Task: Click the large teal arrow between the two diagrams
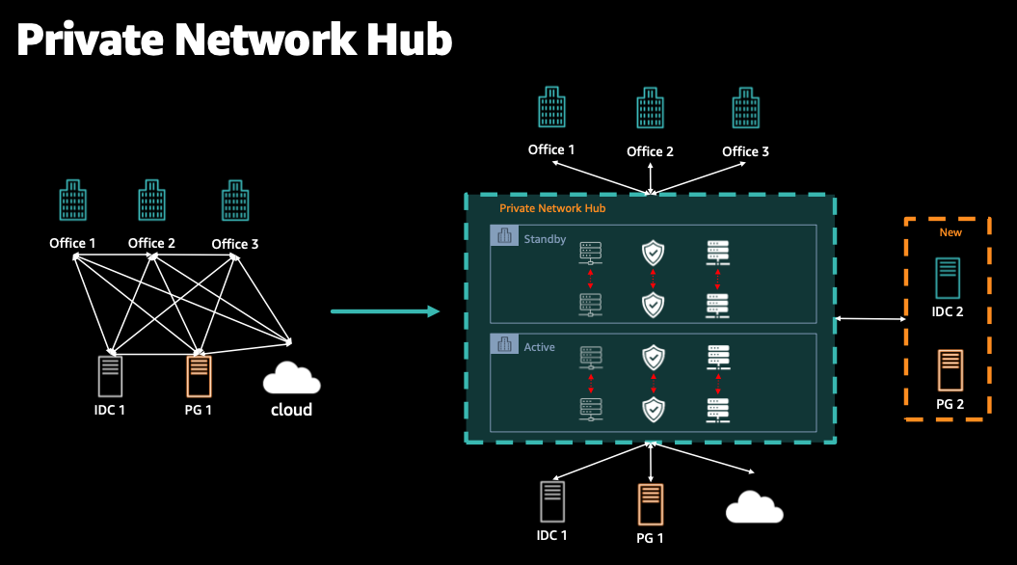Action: click(385, 311)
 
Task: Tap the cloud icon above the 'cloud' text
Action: click(291, 377)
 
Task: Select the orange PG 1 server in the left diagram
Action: click(200, 375)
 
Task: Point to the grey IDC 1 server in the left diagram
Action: click(110, 375)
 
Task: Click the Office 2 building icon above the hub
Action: click(650, 108)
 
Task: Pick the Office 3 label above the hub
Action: click(745, 151)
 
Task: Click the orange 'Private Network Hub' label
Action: click(552, 208)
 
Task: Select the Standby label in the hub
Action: click(545, 238)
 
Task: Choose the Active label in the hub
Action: click(539, 346)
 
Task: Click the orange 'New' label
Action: click(950, 232)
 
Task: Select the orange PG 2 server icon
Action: click(950, 368)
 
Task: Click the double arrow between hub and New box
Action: click(870, 319)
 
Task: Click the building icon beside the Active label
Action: click(504, 345)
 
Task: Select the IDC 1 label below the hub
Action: click(551, 535)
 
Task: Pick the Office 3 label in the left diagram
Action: click(235, 244)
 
